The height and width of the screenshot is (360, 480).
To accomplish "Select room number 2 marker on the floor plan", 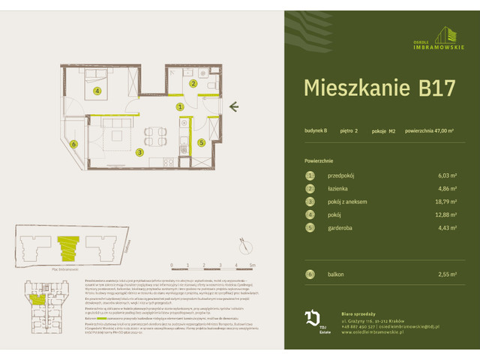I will (193, 84).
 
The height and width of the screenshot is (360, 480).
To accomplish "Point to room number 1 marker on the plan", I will (180, 107).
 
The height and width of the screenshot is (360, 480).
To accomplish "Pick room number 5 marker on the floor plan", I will (201, 141).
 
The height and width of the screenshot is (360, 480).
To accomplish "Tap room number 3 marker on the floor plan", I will (139, 151).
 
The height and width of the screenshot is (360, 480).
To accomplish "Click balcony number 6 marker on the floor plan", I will (73, 145).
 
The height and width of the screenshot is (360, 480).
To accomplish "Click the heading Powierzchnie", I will (319, 160).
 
